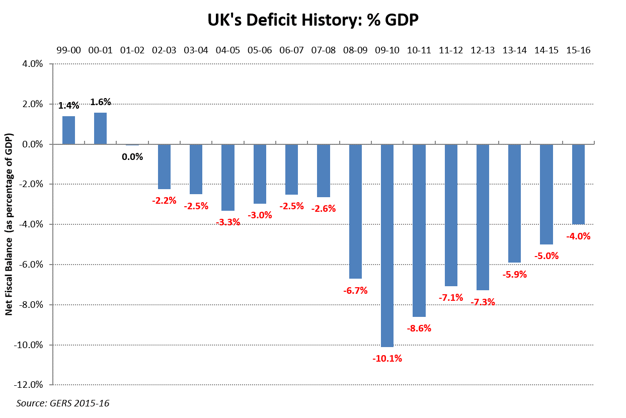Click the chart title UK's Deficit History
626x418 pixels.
pyautogui.click(x=313, y=20)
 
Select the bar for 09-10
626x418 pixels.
pyautogui.click(x=387, y=245)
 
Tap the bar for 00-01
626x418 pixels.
pyautogui.click(x=100, y=128)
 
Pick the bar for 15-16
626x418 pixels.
pyautogui.click(x=578, y=184)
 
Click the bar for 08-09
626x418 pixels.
pyautogui.click(x=355, y=211)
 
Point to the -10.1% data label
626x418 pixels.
pyautogui.click(x=387, y=359)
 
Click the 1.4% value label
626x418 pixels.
pyautogui.click(x=68, y=106)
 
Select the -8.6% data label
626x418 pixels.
pyautogui.click(x=419, y=328)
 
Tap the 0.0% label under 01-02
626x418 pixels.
pyautogui.click(x=132, y=156)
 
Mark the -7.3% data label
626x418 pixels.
pyautogui.click(x=483, y=302)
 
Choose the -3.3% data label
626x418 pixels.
pyautogui.click(x=228, y=222)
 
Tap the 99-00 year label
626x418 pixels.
pyautogui.click(x=69, y=50)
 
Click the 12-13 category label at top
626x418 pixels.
pyautogui.click(x=483, y=50)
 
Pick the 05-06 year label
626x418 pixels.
pyautogui.click(x=260, y=50)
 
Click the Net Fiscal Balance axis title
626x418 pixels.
pyautogui.click(x=9, y=224)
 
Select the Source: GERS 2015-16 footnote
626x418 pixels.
pyautogui.click(x=63, y=403)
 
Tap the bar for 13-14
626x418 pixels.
pyautogui.click(x=514, y=203)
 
